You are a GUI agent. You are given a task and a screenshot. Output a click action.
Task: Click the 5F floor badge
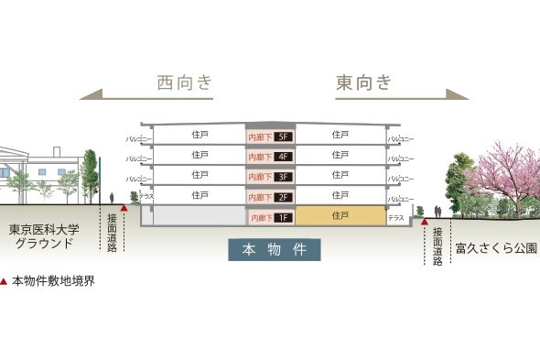tap(284, 136)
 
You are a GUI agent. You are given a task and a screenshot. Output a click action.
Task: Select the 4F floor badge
tap(284, 157)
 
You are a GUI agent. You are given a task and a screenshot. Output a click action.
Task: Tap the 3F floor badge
tap(284, 177)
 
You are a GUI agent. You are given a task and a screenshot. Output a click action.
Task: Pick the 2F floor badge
tap(284, 197)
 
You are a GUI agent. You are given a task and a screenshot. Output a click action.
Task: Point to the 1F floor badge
tap(284, 218)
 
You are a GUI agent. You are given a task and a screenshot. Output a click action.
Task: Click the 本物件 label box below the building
tap(275, 249)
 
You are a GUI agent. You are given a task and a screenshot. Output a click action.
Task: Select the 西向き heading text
tap(185, 82)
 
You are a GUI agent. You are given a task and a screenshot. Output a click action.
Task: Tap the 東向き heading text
tap(363, 82)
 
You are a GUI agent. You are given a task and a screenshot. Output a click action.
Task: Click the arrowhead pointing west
tap(88, 93)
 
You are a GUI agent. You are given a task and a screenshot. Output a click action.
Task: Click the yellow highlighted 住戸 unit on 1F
tap(340, 216)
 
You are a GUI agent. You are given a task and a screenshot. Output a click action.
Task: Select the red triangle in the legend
tap(5, 281)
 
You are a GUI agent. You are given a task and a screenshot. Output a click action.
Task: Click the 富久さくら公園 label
tap(495, 247)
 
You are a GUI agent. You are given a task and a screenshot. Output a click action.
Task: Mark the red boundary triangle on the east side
tap(425, 222)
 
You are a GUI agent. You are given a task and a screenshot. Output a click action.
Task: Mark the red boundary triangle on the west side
tap(124, 208)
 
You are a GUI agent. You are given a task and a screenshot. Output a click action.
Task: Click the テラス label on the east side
tap(396, 218)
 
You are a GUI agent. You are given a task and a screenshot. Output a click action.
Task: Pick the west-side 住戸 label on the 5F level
tap(200, 135)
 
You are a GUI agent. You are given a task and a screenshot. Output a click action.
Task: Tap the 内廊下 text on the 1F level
tap(261, 218)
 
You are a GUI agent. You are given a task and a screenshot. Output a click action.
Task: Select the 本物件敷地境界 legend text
tap(53, 281)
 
